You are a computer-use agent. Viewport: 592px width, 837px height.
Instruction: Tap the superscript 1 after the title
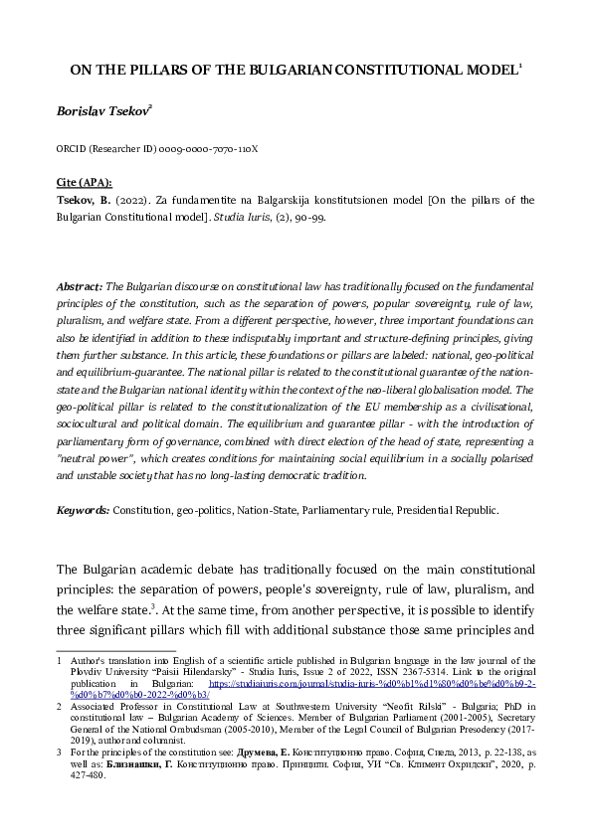pos(521,67)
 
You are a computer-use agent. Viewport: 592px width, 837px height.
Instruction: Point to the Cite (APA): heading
pos(85,183)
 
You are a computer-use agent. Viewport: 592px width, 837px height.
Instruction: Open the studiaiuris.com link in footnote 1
pos(398,684)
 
